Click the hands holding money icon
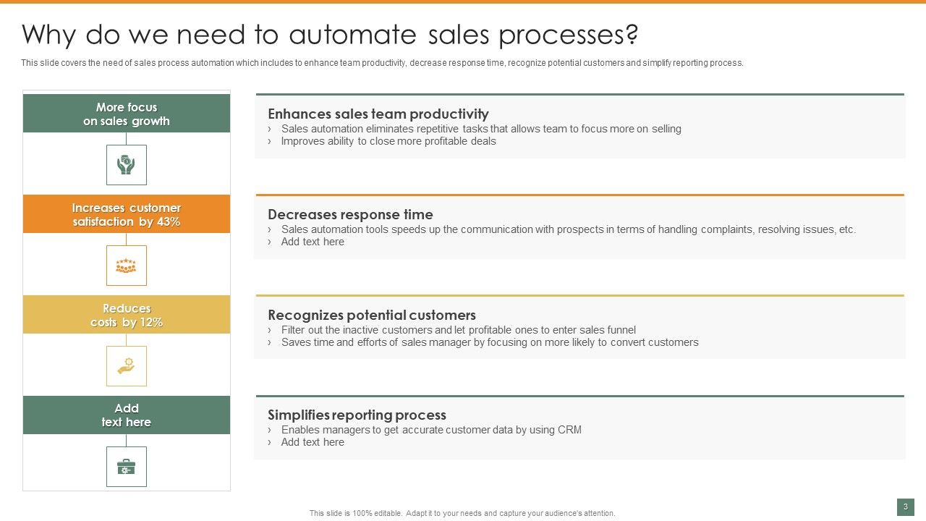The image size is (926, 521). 127,165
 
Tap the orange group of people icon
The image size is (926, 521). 127,266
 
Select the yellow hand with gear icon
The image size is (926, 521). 127,366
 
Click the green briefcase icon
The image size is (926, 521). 127,467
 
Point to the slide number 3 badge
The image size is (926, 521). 905,507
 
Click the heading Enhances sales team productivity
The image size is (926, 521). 378,114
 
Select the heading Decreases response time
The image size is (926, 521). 350,215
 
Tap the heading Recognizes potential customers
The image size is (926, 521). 372,315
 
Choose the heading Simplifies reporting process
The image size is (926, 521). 357,415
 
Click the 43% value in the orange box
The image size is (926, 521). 168,222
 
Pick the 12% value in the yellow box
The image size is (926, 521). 150,323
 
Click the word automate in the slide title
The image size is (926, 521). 352,35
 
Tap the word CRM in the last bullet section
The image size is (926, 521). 569,430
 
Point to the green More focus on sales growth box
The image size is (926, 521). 127,114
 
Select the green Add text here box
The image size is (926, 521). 127,415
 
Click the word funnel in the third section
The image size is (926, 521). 620,330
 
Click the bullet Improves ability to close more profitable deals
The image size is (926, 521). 388,141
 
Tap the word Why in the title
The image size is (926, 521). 50,35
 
